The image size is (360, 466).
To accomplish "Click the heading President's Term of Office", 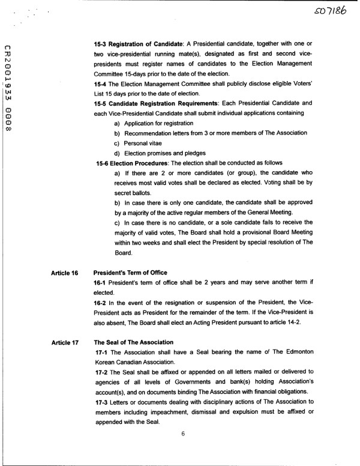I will (x=130, y=272).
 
